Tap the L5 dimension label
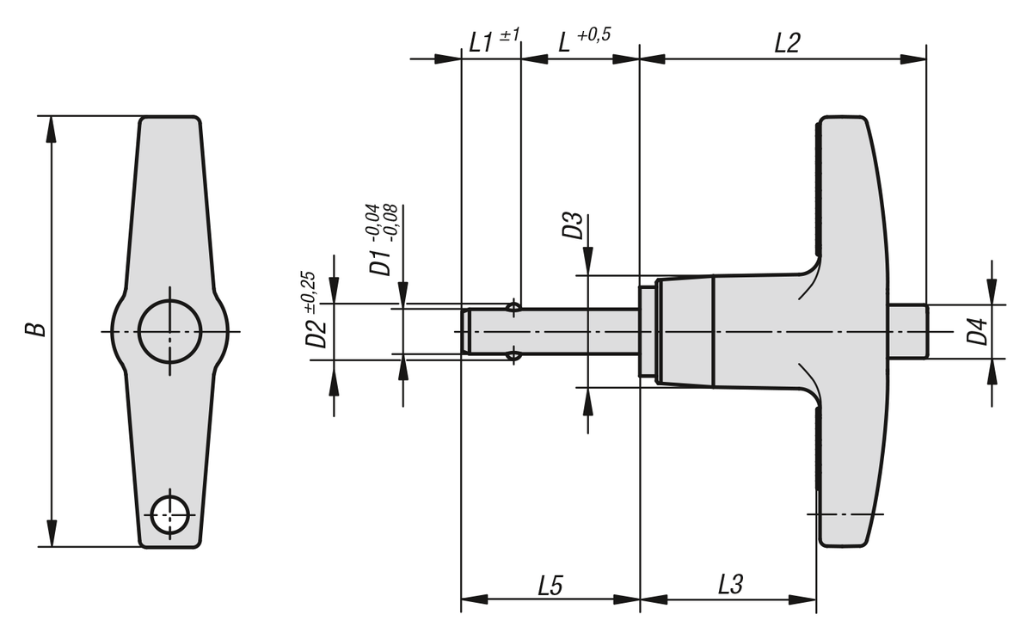click(550, 587)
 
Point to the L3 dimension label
click(730, 587)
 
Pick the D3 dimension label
click(573, 228)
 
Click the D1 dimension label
click(379, 262)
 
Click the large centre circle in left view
click(170, 331)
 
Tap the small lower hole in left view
click(169, 516)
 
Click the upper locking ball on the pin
click(513, 307)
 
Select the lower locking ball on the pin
click(513, 354)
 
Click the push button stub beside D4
click(908, 331)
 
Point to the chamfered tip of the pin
click(466, 331)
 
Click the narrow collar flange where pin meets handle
click(647, 331)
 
